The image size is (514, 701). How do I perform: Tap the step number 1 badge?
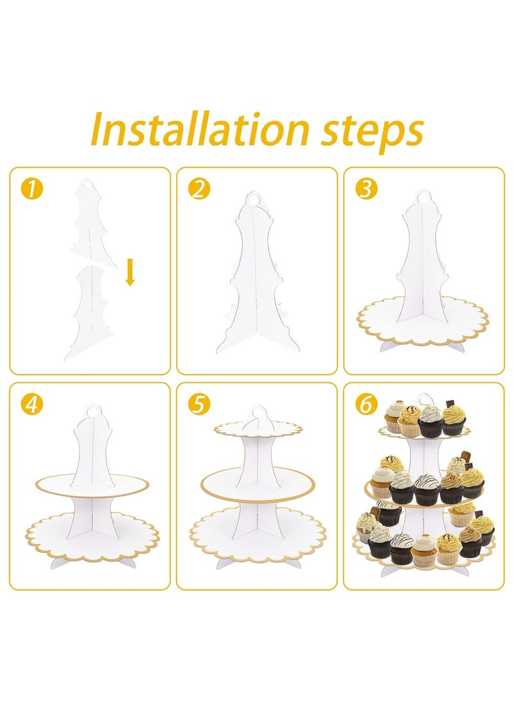(30, 188)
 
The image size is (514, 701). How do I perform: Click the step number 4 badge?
(30, 404)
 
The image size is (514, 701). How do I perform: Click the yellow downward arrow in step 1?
(130, 272)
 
